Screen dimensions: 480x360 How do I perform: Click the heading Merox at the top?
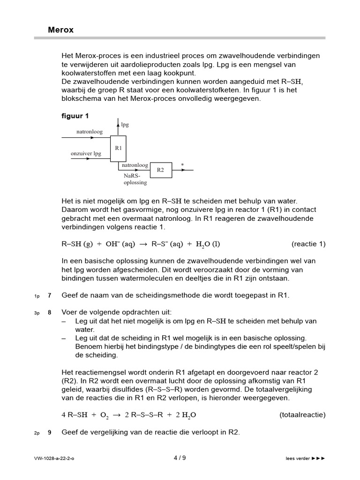click(x=61, y=30)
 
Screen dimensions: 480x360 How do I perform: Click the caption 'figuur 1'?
click(x=75, y=116)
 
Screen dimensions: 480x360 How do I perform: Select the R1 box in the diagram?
click(x=118, y=148)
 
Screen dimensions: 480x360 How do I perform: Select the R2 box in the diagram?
click(x=160, y=170)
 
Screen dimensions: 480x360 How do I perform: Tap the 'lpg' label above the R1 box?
click(x=125, y=125)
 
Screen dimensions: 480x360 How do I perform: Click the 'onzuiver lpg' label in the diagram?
click(x=86, y=153)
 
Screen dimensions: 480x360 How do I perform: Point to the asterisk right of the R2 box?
click(x=182, y=165)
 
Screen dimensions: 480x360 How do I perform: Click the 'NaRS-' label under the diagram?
click(x=132, y=176)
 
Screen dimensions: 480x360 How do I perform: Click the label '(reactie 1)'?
click(x=308, y=244)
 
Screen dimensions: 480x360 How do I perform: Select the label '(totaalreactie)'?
click(x=302, y=415)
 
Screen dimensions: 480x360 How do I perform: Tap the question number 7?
click(x=49, y=295)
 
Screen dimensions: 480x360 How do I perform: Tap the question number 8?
click(x=49, y=312)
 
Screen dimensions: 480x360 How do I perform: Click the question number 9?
click(x=49, y=433)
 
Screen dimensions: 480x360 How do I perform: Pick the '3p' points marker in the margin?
click(x=37, y=313)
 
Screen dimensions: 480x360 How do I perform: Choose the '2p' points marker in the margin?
click(x=37, y=433)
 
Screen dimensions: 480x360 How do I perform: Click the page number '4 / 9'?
click(x=180, y=458)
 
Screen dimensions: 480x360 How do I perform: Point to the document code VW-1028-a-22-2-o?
click(x=54, y=458)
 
